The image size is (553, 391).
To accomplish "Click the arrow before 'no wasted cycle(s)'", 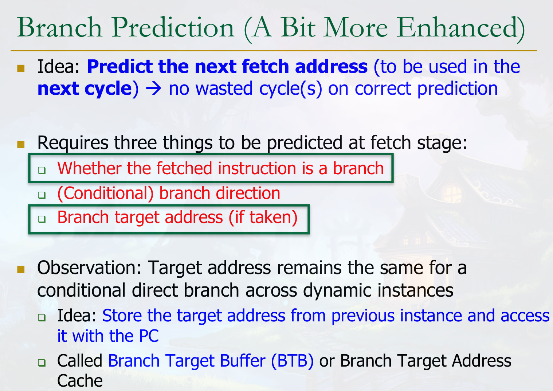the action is (x=153, y=89).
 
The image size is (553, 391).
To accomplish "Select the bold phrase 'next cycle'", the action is (x=85, y=89).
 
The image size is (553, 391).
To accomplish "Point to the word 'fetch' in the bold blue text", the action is (x=265, y=66).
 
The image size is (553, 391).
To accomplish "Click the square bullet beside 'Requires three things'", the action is (x=21, y=145).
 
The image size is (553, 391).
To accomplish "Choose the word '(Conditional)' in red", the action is (x=106, y=193).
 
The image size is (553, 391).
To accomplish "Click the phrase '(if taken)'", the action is (x=263, y=217).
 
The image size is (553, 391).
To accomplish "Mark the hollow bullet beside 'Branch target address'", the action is (x=42, y=219).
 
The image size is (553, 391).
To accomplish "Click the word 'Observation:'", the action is (x=89, y=268).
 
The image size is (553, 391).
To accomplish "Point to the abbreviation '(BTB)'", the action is (x=292, y=361).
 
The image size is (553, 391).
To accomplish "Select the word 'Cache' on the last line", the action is (x=80, y=381).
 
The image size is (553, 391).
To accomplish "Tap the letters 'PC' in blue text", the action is (x=149, y=336).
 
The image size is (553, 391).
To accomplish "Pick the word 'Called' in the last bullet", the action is (x=80, y=361).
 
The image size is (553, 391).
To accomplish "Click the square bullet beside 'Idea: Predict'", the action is (x=21, y=69).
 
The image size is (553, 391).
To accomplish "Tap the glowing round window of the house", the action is (x=452, y=194).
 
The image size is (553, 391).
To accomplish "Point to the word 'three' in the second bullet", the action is (x=135, y=143).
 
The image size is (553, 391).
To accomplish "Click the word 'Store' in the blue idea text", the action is (x=122, y=316).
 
